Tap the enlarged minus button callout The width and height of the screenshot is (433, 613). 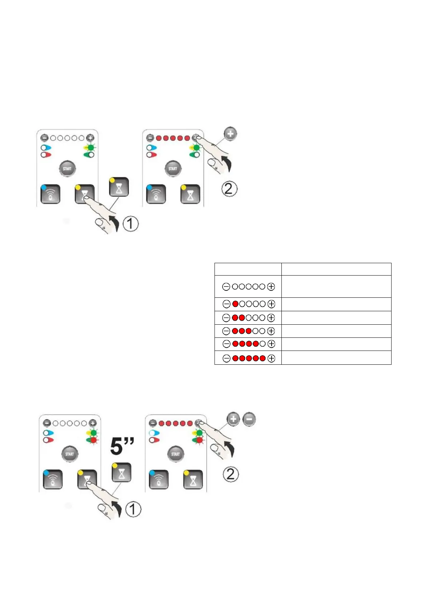coord(249,419)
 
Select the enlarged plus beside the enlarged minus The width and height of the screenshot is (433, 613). coord(233,419)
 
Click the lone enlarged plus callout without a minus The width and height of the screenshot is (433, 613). coord(230,134)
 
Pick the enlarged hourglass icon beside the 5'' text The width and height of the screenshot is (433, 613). coord(121,472)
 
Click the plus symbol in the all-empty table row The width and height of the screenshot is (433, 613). coord(271,287)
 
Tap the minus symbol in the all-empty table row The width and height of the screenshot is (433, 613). coord(226,287)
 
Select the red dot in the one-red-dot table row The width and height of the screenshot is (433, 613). coord(235,304)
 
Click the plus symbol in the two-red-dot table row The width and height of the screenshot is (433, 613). coord(271,318)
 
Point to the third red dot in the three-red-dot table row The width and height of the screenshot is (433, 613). coord(249,331)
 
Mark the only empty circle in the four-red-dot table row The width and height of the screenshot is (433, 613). coord(262,344)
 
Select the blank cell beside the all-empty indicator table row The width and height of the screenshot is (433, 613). coord(336,286)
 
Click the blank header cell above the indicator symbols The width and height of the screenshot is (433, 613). coord(248,269)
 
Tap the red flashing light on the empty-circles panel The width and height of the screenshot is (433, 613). coord(93,440)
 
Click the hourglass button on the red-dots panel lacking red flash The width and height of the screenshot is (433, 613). coord(190,194)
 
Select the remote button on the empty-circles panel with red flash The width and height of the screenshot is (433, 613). coord(53,479)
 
